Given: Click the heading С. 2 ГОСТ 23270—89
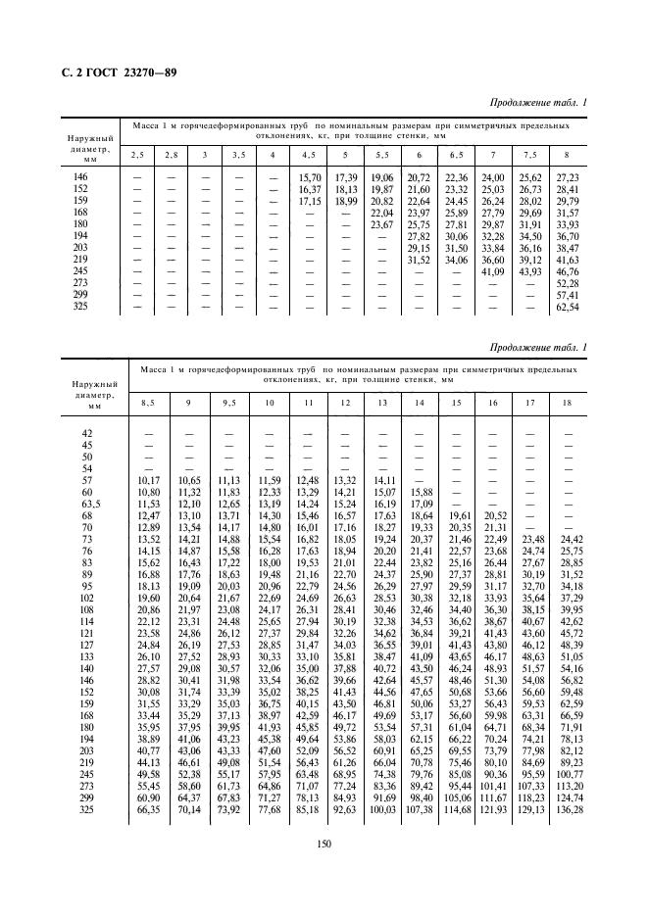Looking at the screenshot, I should pos(114,74).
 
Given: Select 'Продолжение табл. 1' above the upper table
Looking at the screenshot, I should pos(540,104).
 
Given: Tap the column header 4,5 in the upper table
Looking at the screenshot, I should pos(308,155).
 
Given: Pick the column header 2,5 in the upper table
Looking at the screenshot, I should pos(138,155).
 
